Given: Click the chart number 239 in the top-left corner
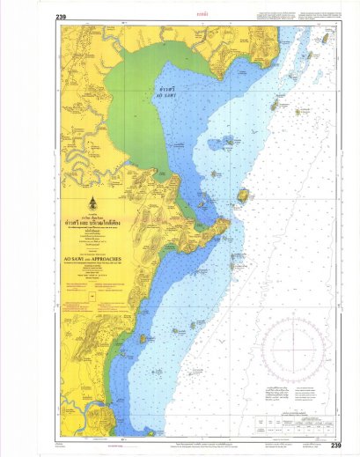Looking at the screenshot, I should coord(61,17).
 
